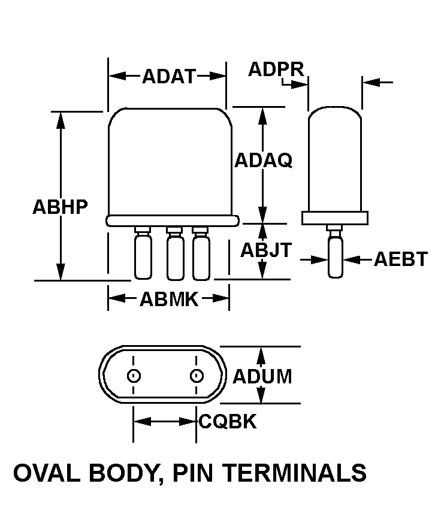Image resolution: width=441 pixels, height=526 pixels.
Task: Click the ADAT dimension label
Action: point(169,76)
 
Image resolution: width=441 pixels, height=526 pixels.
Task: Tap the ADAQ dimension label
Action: point(263,161)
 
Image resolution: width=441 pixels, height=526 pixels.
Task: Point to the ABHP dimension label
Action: point(60,207)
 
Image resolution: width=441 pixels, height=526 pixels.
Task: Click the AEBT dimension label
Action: point(401,259)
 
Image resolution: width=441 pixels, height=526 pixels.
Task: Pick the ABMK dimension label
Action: point(169,299)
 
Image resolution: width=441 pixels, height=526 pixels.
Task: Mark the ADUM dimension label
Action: point(262,377)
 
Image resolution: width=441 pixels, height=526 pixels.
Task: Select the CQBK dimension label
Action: point(228,422)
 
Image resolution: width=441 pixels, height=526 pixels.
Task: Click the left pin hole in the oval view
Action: point(134,376)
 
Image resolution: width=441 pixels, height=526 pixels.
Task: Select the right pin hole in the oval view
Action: point(196,376)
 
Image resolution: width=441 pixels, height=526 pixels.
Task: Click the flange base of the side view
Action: point(334,218)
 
